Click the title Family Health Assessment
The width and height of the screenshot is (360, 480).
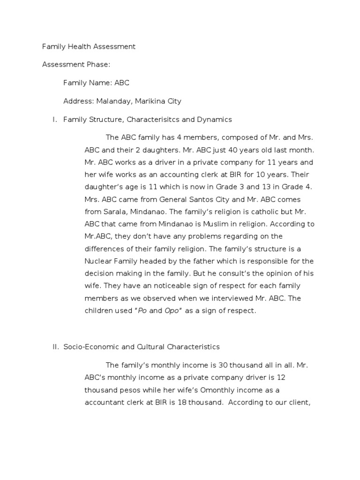89,46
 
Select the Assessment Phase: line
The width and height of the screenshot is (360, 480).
76,65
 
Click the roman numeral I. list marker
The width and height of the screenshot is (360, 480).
54,120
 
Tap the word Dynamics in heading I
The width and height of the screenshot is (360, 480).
214,120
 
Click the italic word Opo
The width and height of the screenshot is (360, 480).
172,311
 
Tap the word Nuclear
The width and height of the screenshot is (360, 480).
98,261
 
